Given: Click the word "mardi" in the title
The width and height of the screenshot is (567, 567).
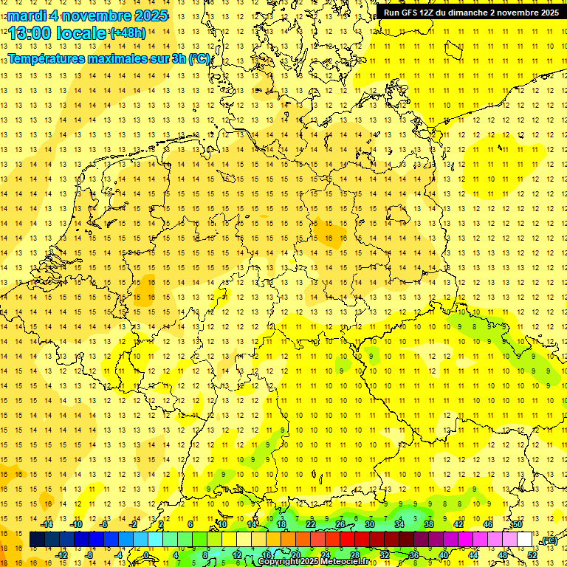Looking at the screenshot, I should pyautogui.click(x=25, y=16).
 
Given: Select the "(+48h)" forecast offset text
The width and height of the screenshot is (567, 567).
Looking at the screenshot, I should pyautogui.click(x=127, y=33).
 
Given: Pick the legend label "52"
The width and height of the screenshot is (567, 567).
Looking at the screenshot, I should pyautogui.click(x=532, y=555).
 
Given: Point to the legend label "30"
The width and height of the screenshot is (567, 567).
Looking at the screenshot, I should pyautogui.click(x=370, y=524).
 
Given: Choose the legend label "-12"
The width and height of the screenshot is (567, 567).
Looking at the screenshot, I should pyautogui.click(x=61, y=555).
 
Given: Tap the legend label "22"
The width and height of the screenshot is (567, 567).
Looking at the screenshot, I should pyautogui.click(x=311, y=524).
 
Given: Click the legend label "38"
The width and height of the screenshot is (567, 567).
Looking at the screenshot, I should pyautogui.click(x=429, y=524).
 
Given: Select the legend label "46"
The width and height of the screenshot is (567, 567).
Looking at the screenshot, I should pyautogui.click(x=488, y=524).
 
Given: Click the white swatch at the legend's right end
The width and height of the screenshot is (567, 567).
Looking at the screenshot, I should pyautogui.click(x=525, y=540).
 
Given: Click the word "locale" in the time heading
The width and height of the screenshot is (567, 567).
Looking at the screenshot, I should pyautogui.click(x=81, y=33).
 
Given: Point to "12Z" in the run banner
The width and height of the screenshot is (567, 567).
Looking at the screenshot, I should pyautogui.click(x=427, y=13).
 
